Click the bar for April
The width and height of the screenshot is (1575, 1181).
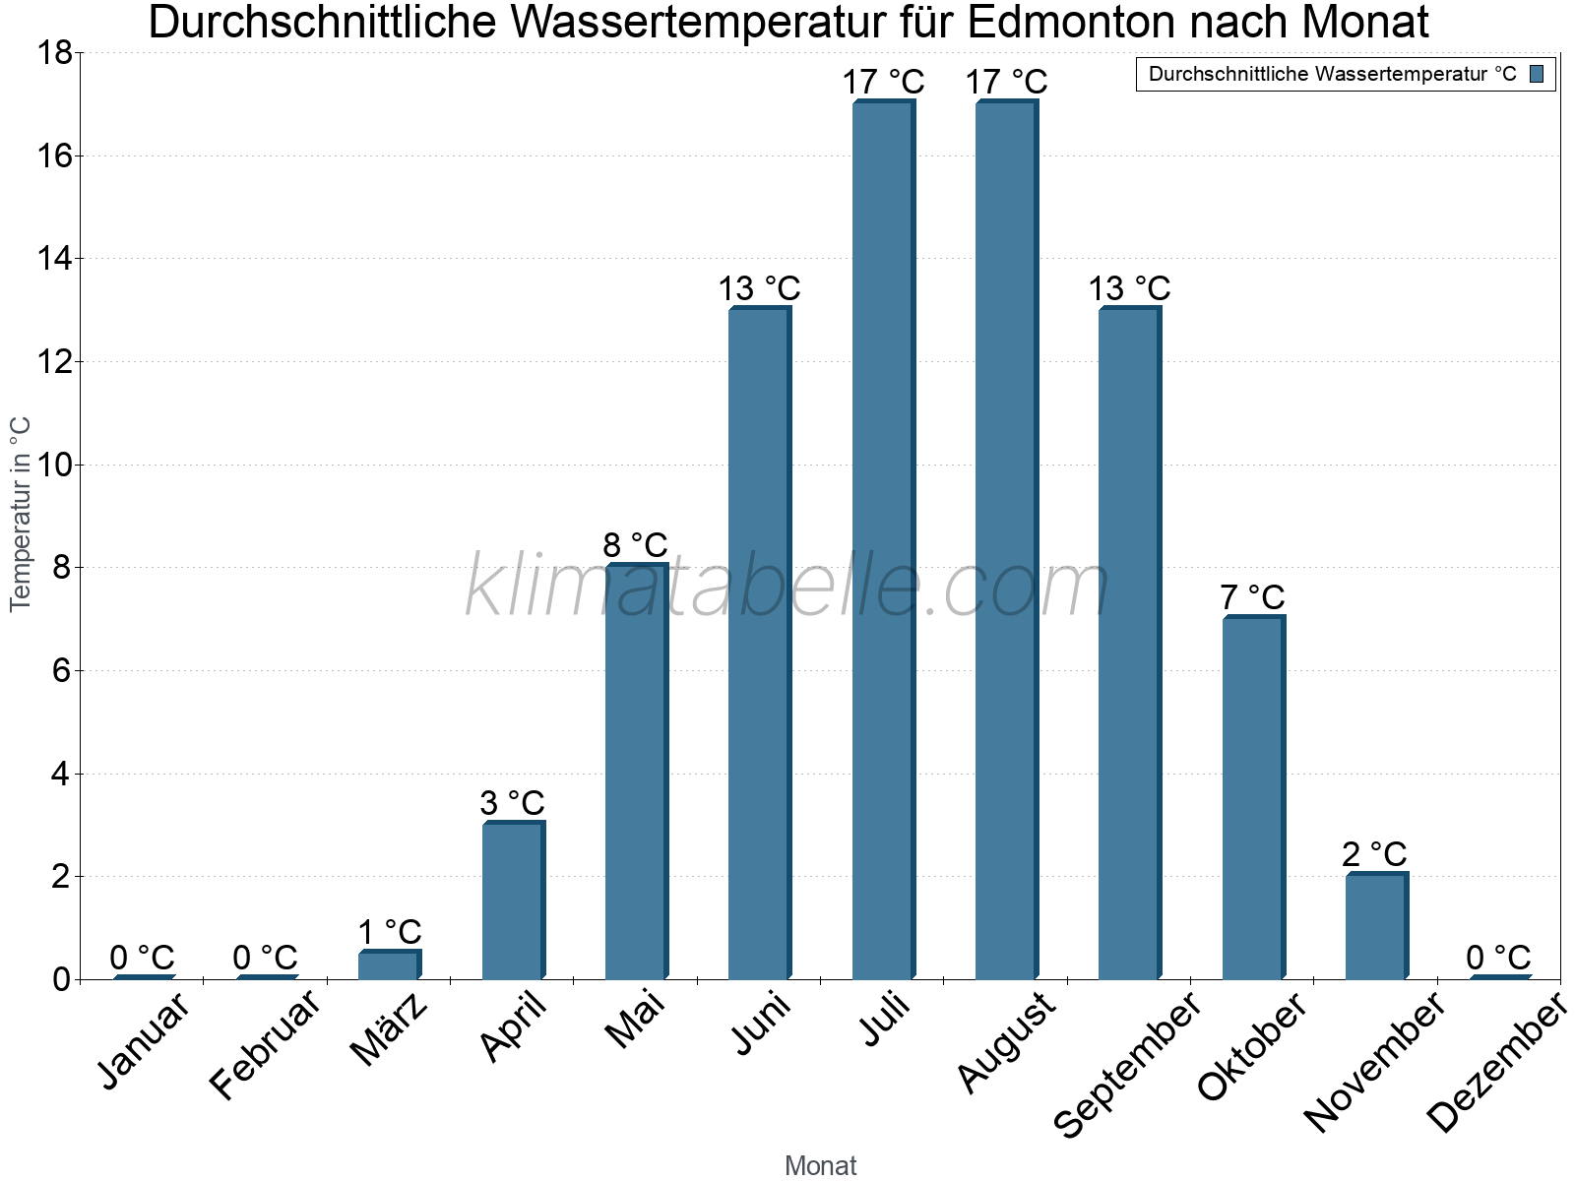point(513,900)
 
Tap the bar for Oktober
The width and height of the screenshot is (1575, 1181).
point(1253,797)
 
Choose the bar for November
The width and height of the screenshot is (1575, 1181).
point(1376,926)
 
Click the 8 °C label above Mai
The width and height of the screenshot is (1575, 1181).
point(635,545)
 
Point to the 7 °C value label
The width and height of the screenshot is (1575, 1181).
point(1252,597)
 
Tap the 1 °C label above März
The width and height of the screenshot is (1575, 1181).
point(389,932)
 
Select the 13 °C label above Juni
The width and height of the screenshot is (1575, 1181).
point(759,289)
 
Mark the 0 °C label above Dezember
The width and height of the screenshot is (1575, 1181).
point(1498,958)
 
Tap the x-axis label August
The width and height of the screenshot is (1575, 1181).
point(1007,1042)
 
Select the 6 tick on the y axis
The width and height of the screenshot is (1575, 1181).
point(59,671)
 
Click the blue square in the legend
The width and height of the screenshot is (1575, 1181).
point(1538,74)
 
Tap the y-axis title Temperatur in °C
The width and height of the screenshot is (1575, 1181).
point(21,514)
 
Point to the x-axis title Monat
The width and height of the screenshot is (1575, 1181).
point(820,1165)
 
